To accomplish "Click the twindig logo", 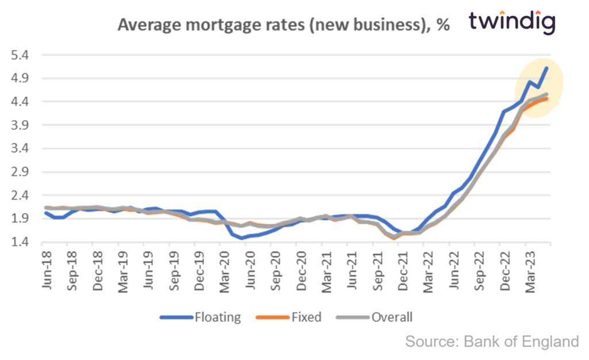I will (x=511, y=22).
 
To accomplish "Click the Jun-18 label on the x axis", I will (x=45, y=267).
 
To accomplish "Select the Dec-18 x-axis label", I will (x=96, y=267).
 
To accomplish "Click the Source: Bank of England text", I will (x=492, y=341).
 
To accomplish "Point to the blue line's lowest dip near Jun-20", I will (x=242, y=238).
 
